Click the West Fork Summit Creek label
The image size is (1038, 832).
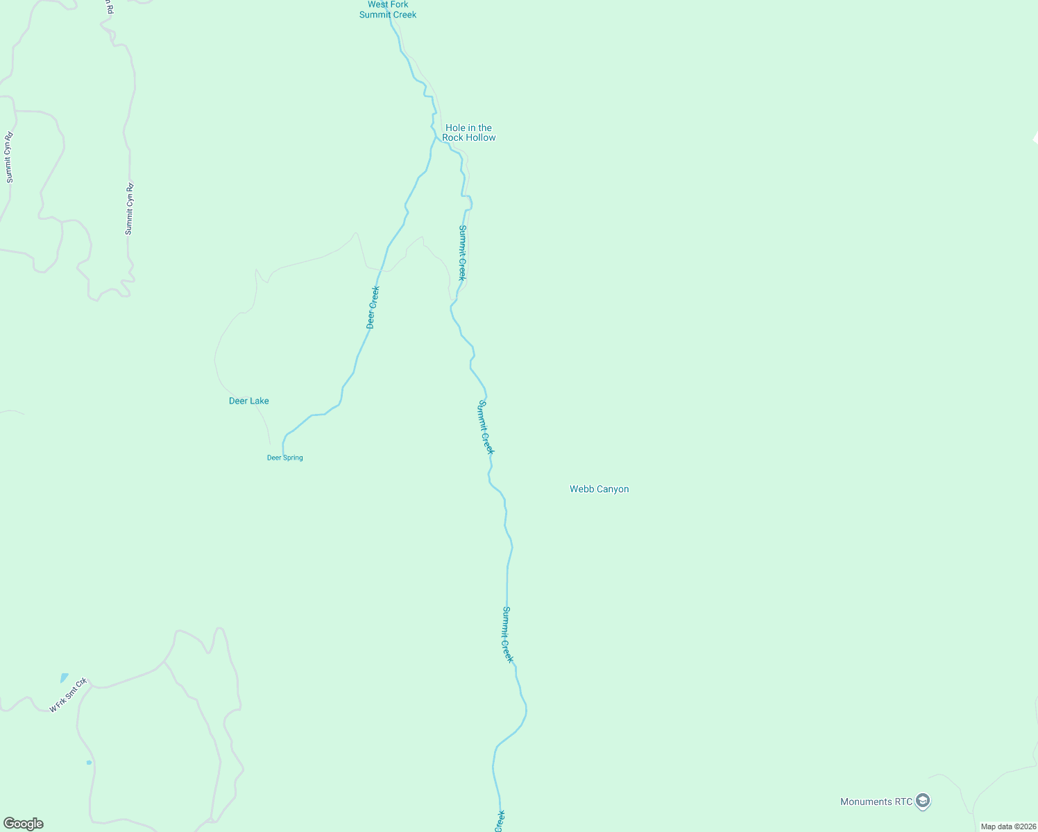[x=388, y=10]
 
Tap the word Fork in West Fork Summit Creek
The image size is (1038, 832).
[x=398, y=5]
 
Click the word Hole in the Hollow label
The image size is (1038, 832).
[x=455, y=128]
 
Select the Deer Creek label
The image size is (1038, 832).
[x=373, y=307]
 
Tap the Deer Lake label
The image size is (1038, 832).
[x=248, y=401]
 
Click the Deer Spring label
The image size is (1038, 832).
[x=284, y=458]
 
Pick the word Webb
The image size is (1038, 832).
[x=581, y=489]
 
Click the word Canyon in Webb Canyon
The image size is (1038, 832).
[x=613, y=489]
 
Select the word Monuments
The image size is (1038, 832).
[x=866, y=801]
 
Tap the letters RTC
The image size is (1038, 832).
[x=903, y=801]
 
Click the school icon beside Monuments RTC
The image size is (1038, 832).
[x=922, y=801]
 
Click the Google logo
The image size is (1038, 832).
[x=24, y=824]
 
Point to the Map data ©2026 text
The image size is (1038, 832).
[x=1007, y=826]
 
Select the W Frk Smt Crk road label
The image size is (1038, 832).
[x=68, y=695]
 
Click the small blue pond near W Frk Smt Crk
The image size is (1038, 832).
[x=65, y=677]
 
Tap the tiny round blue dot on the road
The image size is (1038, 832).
[x=89, y=763]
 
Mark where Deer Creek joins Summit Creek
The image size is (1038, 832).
[x=436, y=137]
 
